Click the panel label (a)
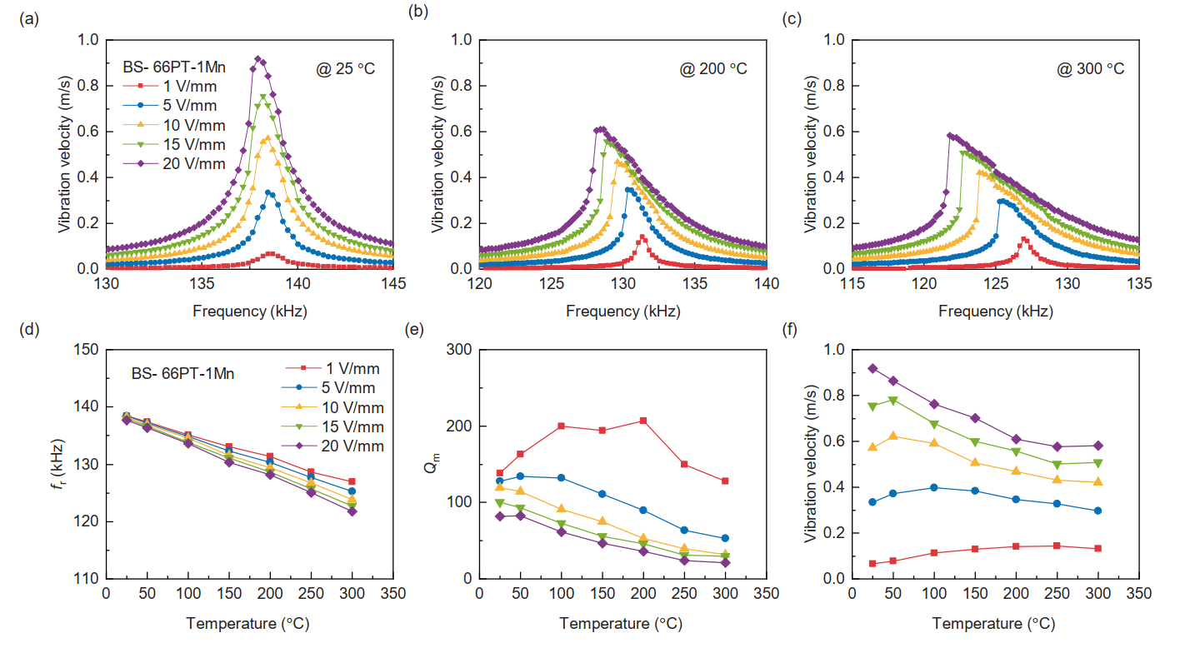[x=27, y=17]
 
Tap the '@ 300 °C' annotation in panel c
[x=1091, y=68]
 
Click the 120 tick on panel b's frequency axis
[x=479, y=284]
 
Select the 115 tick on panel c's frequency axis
[x=852, y=284]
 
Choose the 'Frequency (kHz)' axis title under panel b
[x=622, y=312]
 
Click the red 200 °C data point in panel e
[x=643, y=421]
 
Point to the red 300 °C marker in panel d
[x=352, y=481]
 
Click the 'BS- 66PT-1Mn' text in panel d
[x=182, y=374]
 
